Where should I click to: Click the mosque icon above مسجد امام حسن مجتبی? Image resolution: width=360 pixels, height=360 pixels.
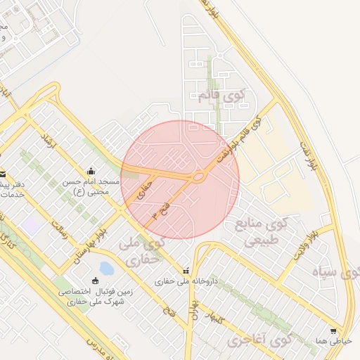[91, 171]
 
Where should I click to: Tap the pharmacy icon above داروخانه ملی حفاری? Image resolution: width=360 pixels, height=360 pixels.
[186, 271]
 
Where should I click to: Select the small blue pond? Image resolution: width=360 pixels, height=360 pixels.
[106, 269]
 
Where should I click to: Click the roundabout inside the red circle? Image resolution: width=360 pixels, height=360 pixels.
[199, 176]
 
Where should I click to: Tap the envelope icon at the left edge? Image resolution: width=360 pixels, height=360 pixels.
[3, 174]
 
